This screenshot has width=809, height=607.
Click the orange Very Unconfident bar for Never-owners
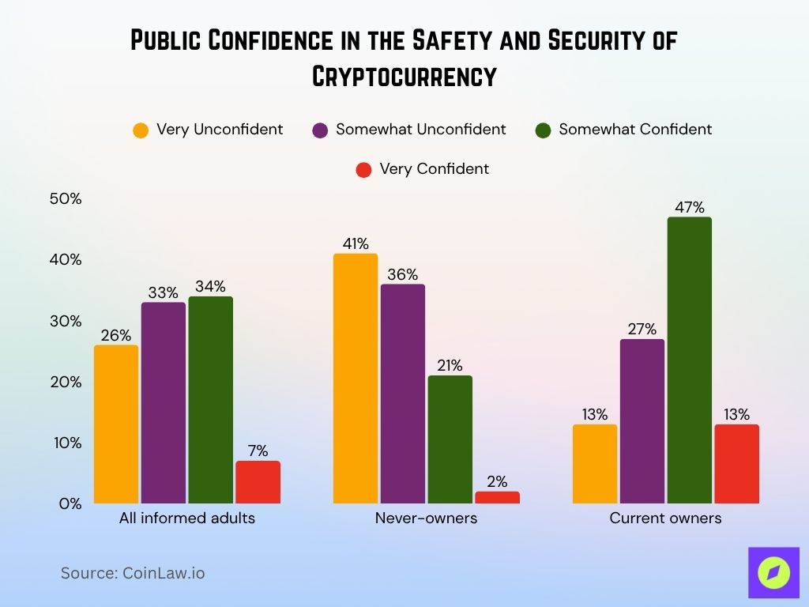tap(356, 379)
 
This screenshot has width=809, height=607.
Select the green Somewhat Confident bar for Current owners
tap(689, 360)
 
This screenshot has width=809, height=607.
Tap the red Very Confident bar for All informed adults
tap(258, 482)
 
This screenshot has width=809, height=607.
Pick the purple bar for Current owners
tap(642, 421)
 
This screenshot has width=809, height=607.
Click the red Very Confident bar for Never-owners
tap(497, 497)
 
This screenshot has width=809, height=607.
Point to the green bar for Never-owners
tap(450, 439)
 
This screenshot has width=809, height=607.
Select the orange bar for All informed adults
tap(116, 424)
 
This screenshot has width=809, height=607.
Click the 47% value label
tap(689, 208)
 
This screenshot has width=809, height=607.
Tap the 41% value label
tap(356, 244)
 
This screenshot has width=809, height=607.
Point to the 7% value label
tap(258, 451)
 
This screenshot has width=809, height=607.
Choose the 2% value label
tap(497, 482)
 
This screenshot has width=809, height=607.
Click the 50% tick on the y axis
tap(66, 199)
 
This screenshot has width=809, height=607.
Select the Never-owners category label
tap(426, 519)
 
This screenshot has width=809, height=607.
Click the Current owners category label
tap(665, 519)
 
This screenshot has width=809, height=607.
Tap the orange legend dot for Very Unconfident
tap(141, 130)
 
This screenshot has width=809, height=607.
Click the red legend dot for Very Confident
tap(364, 169)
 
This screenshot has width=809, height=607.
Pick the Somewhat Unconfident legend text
tap(420, 130)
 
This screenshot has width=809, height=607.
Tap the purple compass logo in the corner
tap(773, 572)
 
